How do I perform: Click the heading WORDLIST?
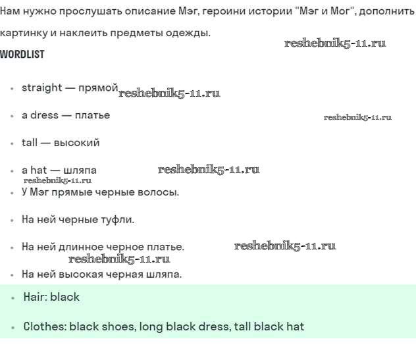(22, 55)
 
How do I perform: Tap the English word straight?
(42, 88)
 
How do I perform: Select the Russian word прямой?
(98, 88)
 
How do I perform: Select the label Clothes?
(45, 326)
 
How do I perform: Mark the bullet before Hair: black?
(13, 297)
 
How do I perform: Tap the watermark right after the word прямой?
(169, 93)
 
